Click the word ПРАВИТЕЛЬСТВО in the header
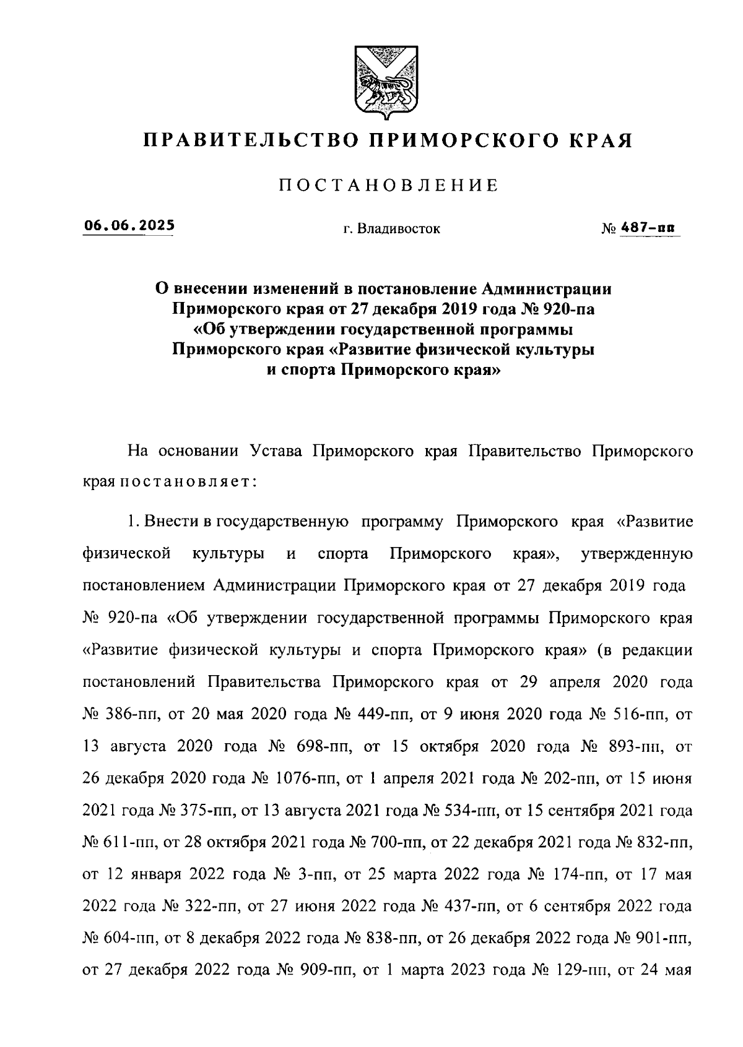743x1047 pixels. pos(248,140)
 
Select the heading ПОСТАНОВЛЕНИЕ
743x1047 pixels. pos(388,185)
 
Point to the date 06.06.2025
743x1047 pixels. pos(129,226)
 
